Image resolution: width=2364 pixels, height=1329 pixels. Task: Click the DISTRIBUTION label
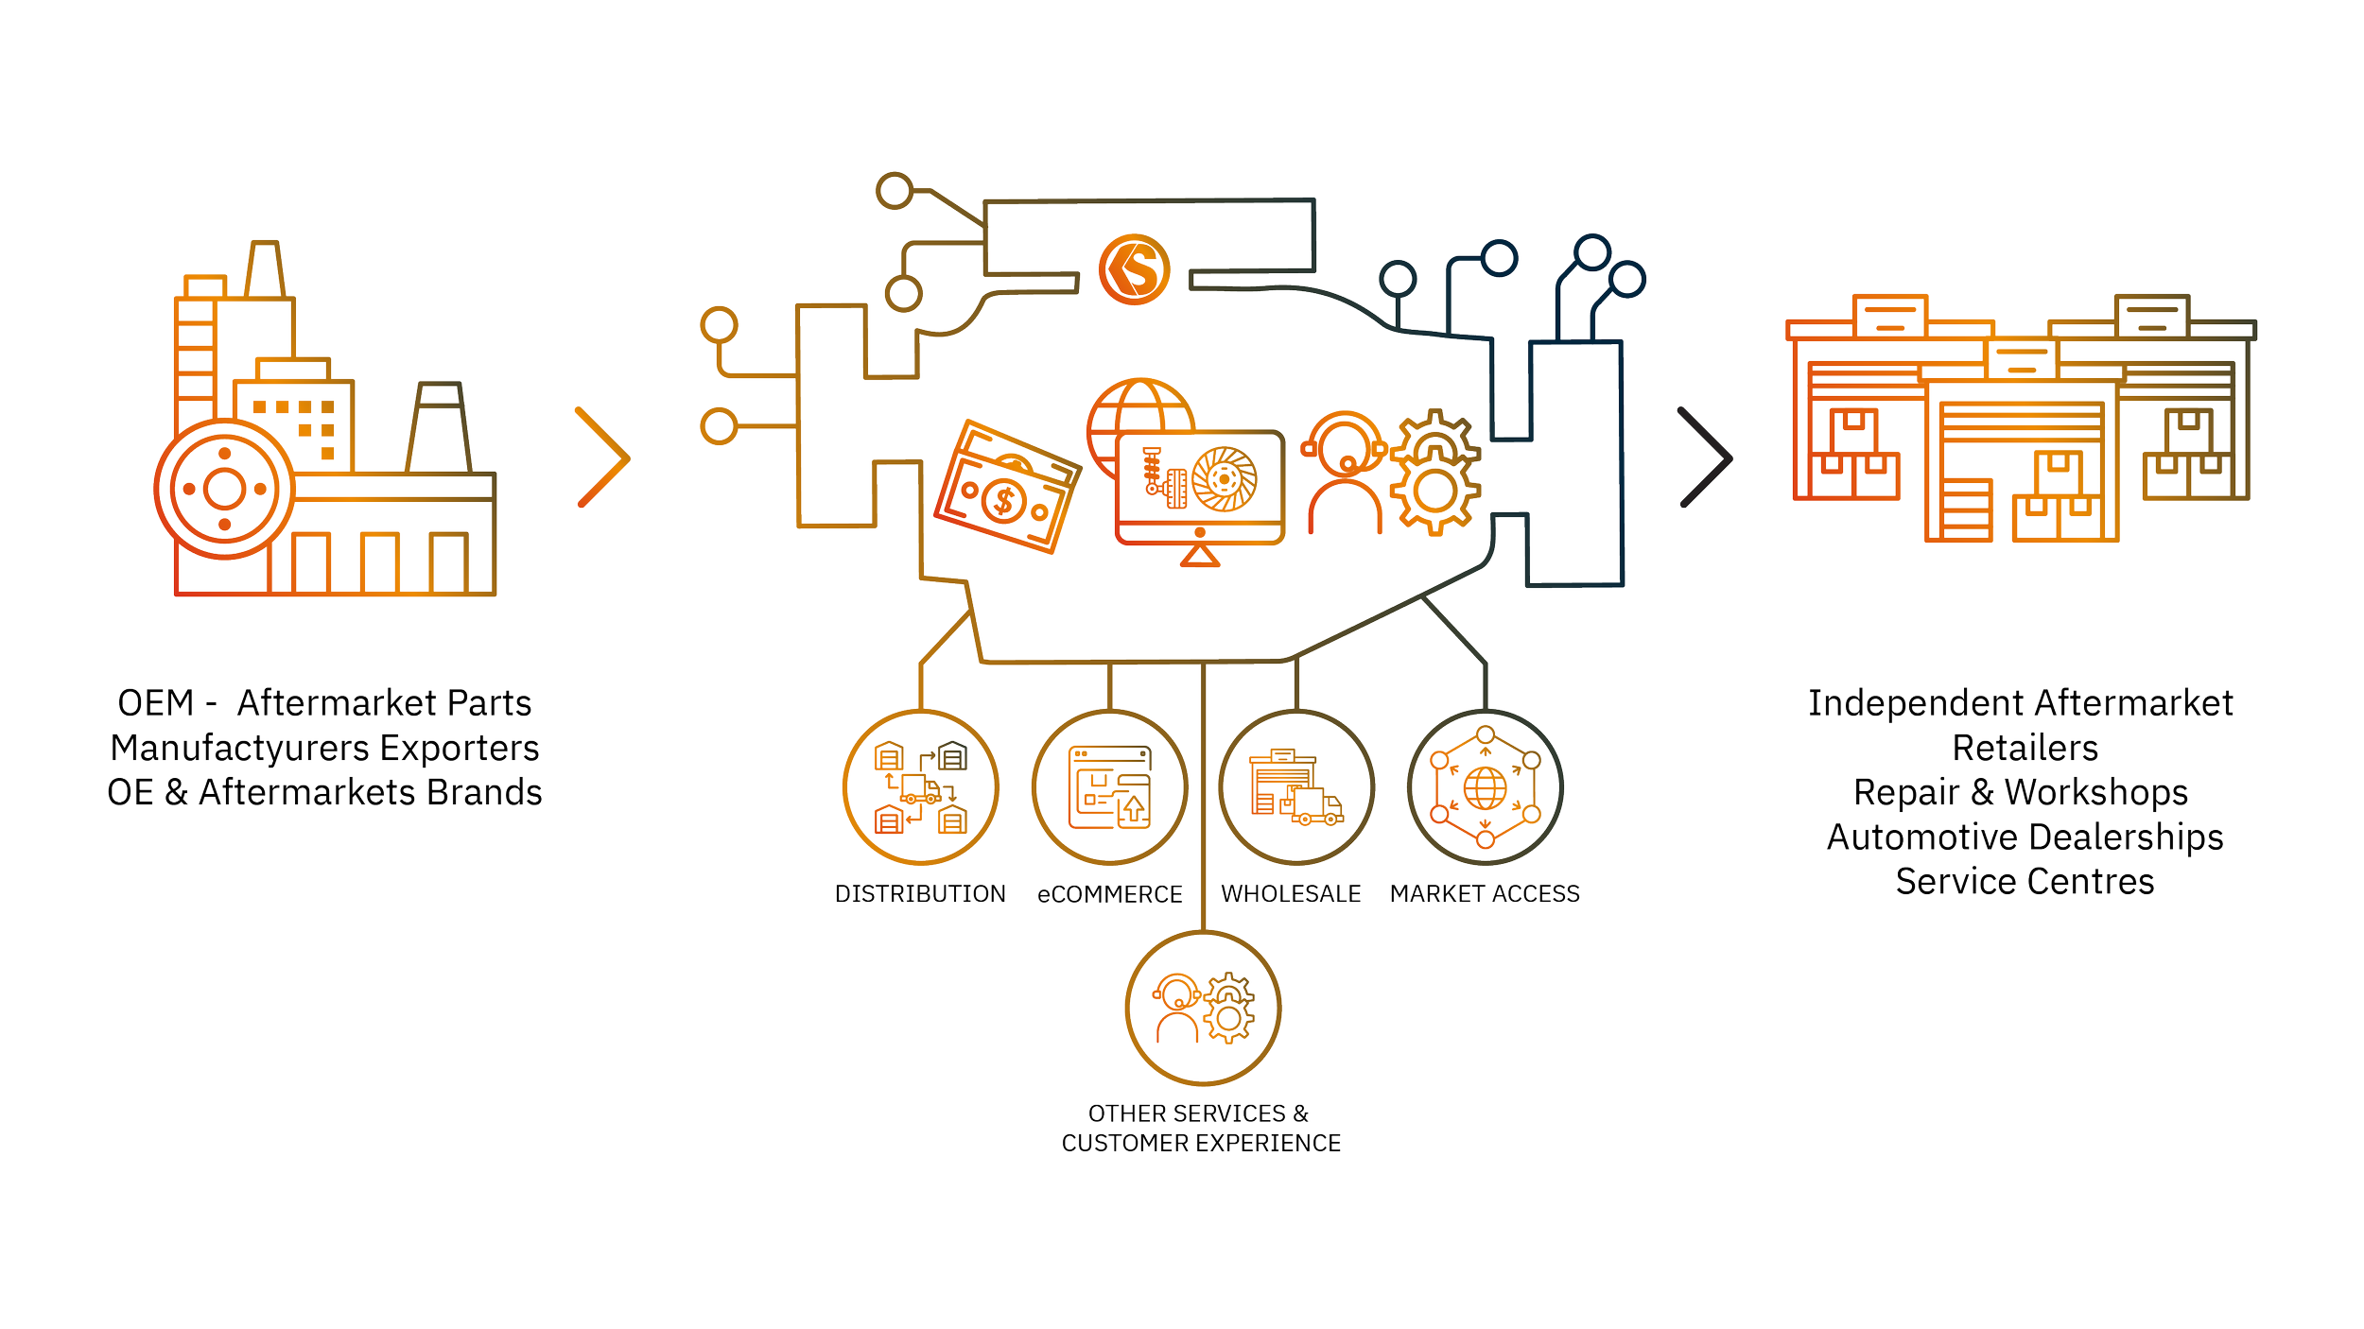919,893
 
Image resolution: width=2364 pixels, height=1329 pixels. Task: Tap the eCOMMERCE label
1109,894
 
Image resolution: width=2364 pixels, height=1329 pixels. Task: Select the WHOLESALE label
1291,893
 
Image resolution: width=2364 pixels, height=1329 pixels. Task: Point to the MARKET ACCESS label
1485,893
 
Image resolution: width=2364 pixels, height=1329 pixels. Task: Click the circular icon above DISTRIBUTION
920,787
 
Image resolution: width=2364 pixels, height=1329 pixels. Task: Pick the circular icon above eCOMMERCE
1109,787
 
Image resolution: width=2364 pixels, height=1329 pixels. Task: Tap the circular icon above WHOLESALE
1296,787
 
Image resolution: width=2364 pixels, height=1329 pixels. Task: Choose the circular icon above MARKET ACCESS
1485,787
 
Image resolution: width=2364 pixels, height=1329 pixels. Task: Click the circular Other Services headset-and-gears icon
1202,1009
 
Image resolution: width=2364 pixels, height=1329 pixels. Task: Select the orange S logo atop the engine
1135,270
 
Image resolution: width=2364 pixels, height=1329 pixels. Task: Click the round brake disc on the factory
224,489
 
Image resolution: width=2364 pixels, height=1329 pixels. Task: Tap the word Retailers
2025,748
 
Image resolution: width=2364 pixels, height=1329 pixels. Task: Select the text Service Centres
2025,881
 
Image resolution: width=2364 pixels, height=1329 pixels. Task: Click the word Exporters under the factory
460,748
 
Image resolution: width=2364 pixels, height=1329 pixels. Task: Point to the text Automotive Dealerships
2025,837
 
